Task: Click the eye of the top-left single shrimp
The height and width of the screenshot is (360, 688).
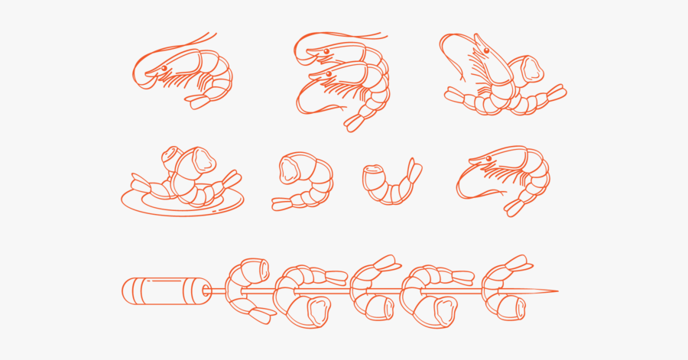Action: point(164,68)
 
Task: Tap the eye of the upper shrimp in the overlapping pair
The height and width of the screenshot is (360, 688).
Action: point(326,51)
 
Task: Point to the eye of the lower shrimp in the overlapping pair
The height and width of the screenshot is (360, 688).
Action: point(328,74)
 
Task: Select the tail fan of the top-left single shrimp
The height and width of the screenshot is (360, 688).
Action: point(200,100)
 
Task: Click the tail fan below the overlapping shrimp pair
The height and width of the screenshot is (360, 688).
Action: point(355,122)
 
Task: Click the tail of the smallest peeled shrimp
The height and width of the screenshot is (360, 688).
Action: point(414,172)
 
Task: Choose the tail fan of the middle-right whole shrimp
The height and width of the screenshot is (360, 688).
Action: point(514,206)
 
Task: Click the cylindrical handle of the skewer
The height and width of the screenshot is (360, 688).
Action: point(164,290)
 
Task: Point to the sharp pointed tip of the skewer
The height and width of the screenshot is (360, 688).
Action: point(556,291)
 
